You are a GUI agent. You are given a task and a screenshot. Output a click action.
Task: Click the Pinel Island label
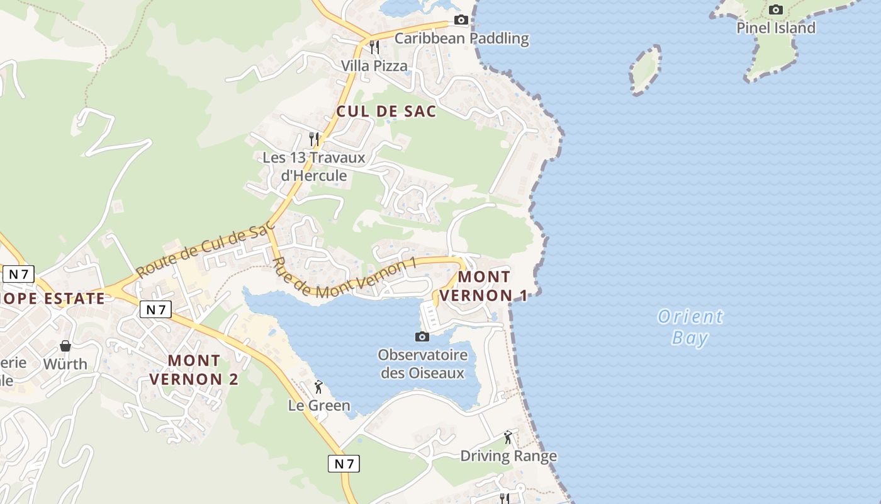[776, 28]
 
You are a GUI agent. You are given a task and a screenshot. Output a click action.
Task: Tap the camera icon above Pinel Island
[776, 9]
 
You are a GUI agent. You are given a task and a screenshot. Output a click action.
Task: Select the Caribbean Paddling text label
[461, 38]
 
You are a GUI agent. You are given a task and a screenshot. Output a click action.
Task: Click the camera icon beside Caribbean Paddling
[461, 20]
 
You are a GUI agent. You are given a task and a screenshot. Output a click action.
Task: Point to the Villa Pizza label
[374, 66]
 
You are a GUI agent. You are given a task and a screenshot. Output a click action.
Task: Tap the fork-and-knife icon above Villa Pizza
[374, 47]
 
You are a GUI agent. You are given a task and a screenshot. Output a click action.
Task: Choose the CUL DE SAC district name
[386, 112]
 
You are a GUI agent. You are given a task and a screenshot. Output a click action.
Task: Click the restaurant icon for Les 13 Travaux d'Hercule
[313, 139]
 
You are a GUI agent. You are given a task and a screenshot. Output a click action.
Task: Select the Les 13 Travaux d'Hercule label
[305, 166]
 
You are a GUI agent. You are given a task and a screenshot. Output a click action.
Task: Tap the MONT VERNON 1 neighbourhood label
[483, 286]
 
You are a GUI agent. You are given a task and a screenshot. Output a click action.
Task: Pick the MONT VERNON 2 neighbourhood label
[194, 370]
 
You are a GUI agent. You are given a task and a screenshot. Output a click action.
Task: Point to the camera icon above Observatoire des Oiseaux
[422, 336]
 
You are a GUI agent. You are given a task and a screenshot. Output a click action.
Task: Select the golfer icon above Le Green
[318, 387]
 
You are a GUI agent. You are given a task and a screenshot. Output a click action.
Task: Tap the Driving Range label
[508, 455]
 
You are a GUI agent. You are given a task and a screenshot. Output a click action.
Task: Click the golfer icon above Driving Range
[508, 437]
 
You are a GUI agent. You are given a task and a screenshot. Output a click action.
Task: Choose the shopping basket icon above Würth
[65, 346]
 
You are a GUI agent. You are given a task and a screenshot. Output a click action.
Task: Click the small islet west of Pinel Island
[645, 69]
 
